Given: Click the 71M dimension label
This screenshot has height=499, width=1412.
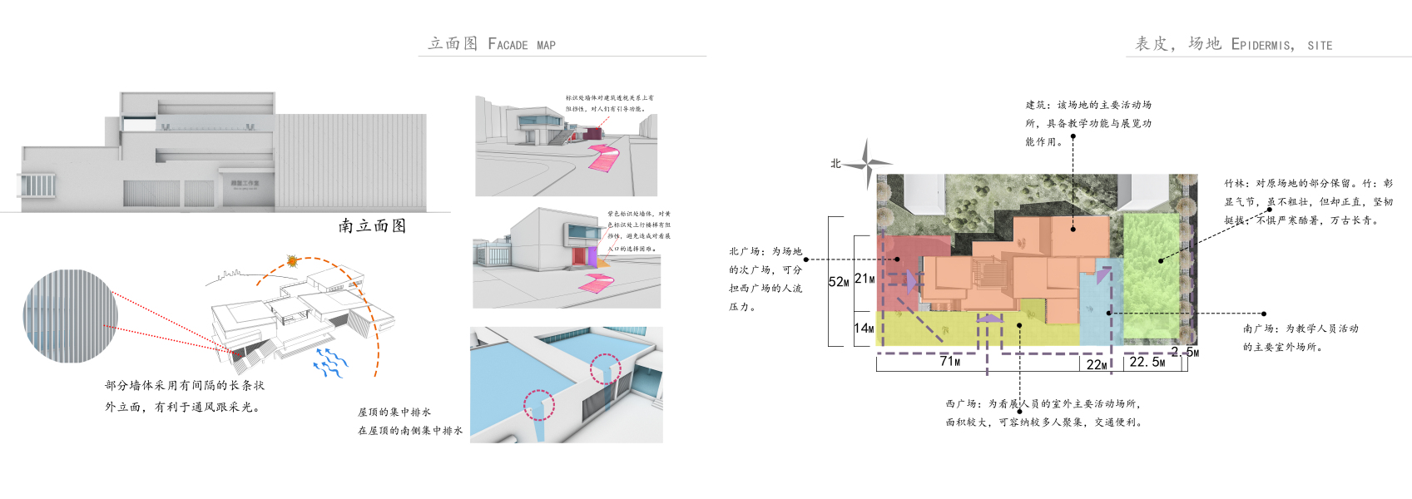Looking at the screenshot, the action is click(x=949, y=361).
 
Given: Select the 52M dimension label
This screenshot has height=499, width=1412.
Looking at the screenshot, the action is click(x=839, y=282).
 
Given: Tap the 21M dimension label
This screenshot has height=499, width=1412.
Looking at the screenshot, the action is click(x=865, y=279).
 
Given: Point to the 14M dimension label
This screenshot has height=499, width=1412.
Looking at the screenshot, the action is click(x=864, y=329).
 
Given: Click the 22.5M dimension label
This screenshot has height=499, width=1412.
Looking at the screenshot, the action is click(x=1147, y=362).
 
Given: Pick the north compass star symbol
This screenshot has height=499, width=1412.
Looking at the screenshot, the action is click(x=866, y=163).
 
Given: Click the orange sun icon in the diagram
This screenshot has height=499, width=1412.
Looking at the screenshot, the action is click(x=292, y=261).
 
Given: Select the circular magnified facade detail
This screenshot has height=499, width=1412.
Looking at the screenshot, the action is click(x=71, y=316).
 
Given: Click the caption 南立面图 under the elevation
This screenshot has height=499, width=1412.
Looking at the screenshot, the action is click(x=372, y=226).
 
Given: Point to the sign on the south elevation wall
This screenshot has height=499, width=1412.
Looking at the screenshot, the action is click(x=245, y=184).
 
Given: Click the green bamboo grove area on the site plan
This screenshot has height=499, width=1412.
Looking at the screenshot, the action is click(x=1157, y=274).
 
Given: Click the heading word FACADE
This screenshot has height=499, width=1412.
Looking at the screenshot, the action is click(x=508, y=44).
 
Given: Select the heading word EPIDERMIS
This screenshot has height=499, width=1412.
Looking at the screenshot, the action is click(x=1262, y=45).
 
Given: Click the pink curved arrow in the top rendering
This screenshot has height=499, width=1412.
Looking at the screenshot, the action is click(x=605, y=157).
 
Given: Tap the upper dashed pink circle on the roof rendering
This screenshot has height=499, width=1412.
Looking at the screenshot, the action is click(x=606, y=368).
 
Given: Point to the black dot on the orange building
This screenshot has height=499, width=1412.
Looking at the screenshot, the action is click(x=1073, y=229).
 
